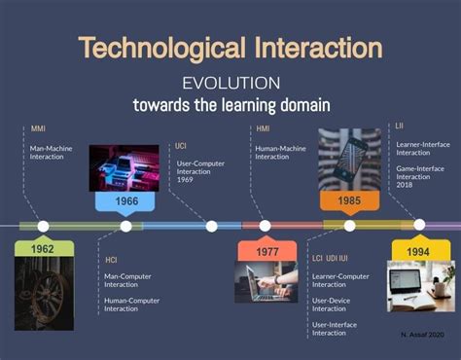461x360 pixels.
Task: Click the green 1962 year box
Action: [43, 249]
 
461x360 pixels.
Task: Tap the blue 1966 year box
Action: [125, 201]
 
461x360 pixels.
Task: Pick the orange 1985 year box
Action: [349, 201]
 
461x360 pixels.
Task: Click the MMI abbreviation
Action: [38, 127]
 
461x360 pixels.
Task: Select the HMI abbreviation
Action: [263, 127]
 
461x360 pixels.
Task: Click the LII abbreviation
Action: [400, 126]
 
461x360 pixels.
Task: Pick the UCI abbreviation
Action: [181, 146]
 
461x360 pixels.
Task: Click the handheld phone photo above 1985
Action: [349, 156]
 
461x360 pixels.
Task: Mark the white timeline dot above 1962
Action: [43, 226]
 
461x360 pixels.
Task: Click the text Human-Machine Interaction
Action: [278, 151]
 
